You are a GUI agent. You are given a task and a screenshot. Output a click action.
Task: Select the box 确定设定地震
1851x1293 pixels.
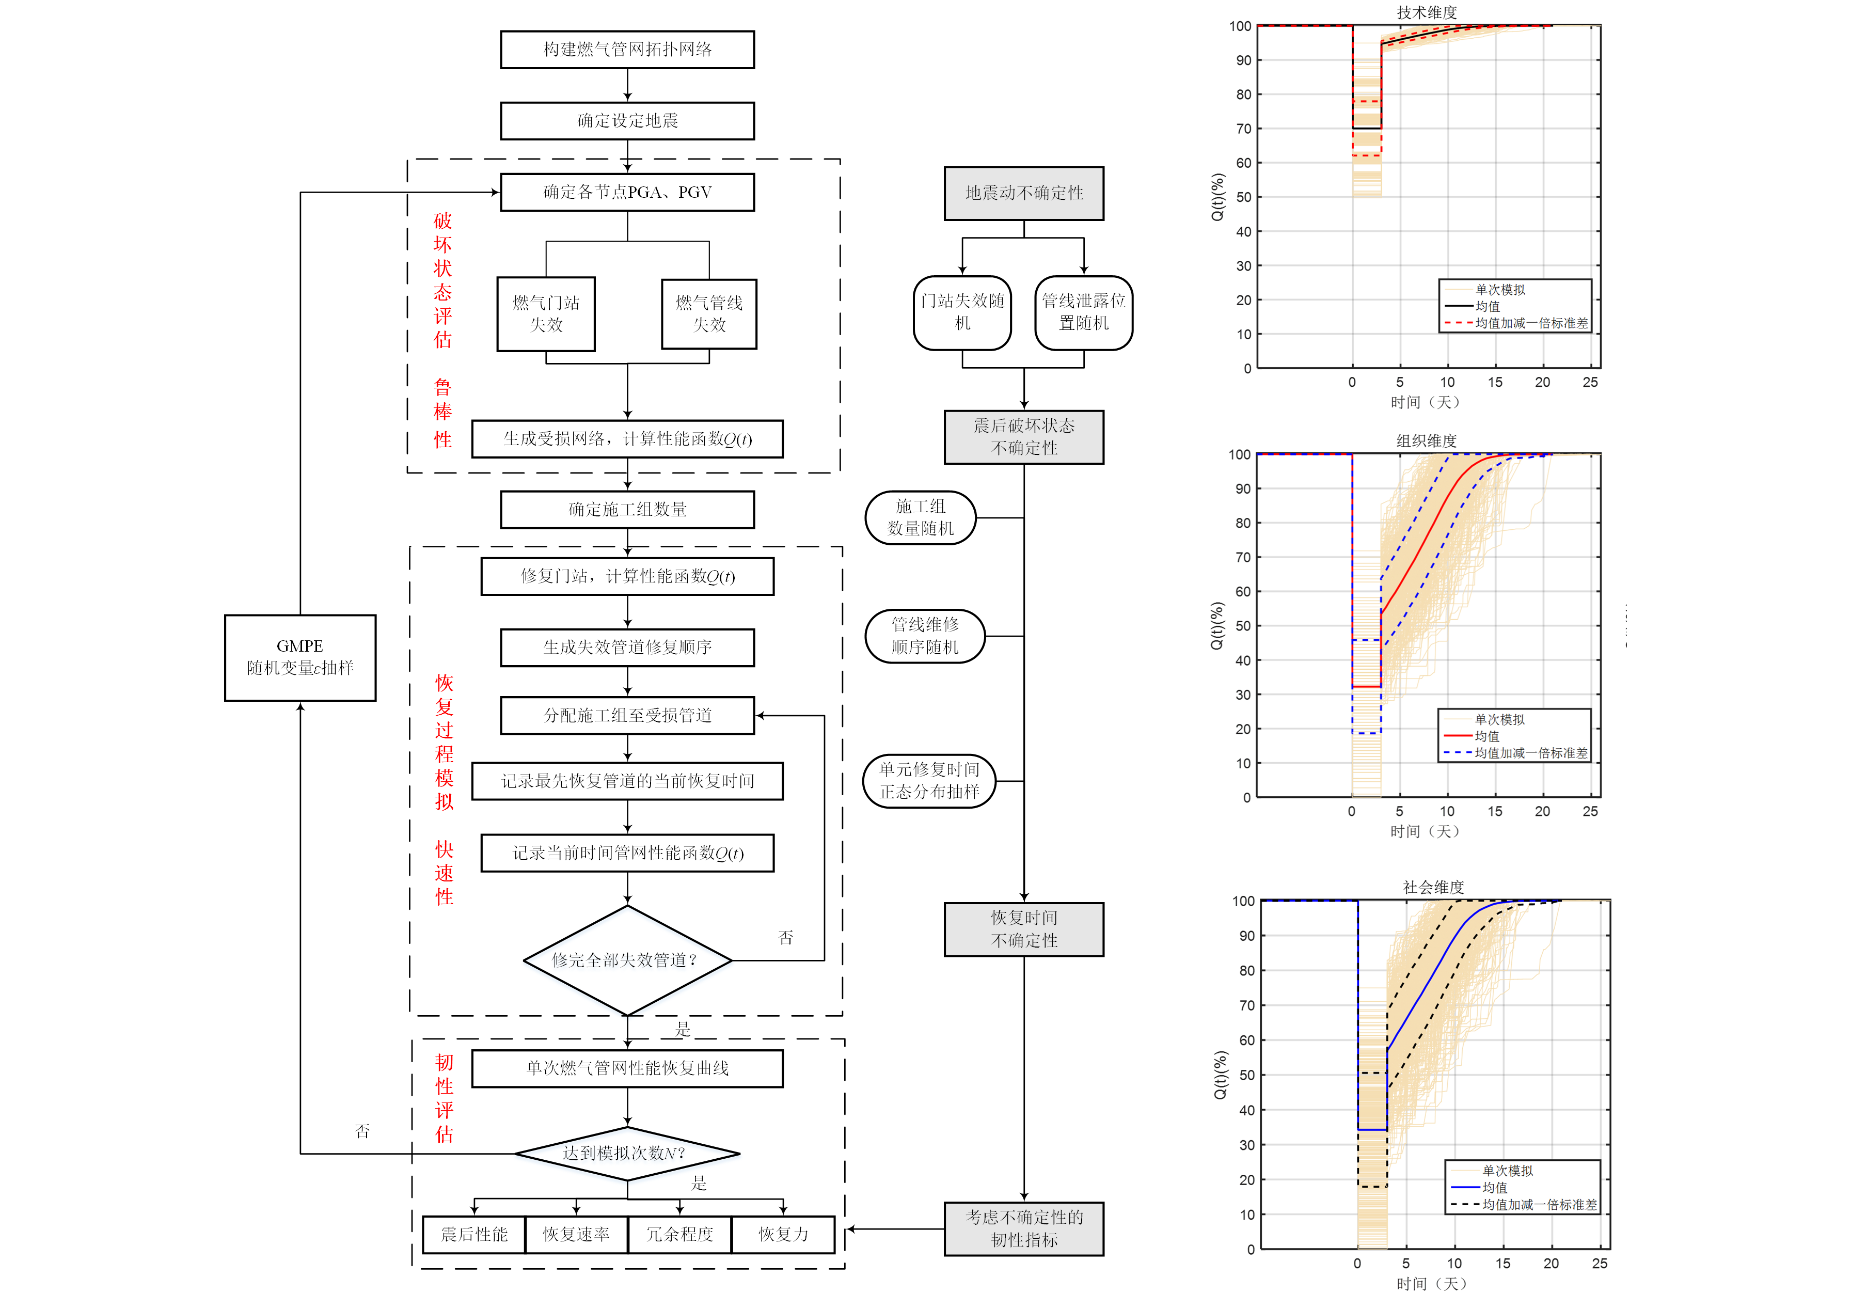pyautogui.click(x=627, y=121)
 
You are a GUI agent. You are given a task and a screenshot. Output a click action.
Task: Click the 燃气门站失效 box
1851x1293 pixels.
pyautogui.click(x=546, y=313)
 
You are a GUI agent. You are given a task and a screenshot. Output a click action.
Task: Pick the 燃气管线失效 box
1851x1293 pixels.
pyautogui.click(x=708, y=313)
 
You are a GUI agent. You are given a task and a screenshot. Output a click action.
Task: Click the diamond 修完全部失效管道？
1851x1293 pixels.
pyautogui.click(x=627, y=960)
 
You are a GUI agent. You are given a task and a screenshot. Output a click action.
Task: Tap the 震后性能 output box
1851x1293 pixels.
pyautogui.click(x=474, y=1234)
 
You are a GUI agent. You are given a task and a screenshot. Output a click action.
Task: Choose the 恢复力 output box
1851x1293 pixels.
pyautogui.click(x=783, y=1234)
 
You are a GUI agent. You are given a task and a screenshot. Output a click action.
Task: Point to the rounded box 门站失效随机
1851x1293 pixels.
pyautogui.click(x=962, y=312)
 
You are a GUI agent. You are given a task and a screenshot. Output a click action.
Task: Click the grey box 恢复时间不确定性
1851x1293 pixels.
pyautogui.click(x=1024, y=928)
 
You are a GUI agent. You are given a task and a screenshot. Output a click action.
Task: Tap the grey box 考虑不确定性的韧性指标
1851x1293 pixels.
pyautogui.click(x=1024, y=1228)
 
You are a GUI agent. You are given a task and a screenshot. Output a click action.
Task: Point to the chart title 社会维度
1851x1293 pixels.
pyautogui.click(x=1433, y=887)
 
